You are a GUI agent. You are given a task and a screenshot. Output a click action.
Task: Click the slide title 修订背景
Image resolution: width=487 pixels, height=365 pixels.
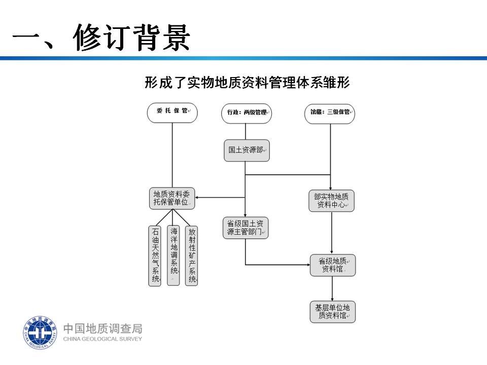point(131,37)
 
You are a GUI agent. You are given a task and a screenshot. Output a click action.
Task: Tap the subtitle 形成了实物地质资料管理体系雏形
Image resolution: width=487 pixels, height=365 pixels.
point(247,83)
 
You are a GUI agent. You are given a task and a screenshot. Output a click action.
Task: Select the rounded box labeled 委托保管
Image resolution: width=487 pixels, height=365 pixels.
point(172,113)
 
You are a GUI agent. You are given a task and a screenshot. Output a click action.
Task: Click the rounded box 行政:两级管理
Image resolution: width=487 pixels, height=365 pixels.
point(247,113)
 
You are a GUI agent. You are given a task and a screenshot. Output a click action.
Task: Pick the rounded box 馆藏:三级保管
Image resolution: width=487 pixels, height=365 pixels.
point(330,114)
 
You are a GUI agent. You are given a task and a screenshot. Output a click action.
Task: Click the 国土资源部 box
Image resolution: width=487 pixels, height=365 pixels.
point(247,151)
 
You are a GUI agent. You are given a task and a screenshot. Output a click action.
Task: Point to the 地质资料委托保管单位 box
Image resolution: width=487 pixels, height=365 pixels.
point(172,198)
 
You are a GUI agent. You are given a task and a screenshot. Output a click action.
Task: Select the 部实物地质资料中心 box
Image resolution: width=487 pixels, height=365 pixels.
point(331,201)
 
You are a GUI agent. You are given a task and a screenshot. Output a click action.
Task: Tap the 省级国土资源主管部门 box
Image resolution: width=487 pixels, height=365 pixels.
point(246,228)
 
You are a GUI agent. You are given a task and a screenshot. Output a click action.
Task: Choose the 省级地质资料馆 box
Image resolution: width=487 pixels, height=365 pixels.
point(333,265)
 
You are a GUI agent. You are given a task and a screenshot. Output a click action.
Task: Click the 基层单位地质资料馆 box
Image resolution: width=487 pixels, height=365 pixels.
point(333,312)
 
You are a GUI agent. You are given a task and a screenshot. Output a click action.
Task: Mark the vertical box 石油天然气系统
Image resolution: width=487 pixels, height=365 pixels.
point(155,255)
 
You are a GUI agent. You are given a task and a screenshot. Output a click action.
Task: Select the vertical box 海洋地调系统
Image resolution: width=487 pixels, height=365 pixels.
point(173,255)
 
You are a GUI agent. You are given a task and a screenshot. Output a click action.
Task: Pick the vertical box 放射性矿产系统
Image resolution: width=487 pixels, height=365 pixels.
point(192,255)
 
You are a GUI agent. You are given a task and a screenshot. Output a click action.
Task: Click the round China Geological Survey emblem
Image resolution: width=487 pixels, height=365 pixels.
point(40,333)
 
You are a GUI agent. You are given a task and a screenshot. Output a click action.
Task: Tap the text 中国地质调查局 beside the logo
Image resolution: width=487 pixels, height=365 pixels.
point(103,328)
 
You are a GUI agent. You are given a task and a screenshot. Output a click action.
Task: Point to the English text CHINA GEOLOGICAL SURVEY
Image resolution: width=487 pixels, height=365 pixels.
point(102,339)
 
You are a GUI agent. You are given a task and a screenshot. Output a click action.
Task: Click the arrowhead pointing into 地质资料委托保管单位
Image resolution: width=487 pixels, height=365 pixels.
point(197,197)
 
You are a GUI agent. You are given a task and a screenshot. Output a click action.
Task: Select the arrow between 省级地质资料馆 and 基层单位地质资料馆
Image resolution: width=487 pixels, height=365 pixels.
point(332,288)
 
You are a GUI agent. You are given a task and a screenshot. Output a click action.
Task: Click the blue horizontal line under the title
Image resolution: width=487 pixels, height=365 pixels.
point(243,58)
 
